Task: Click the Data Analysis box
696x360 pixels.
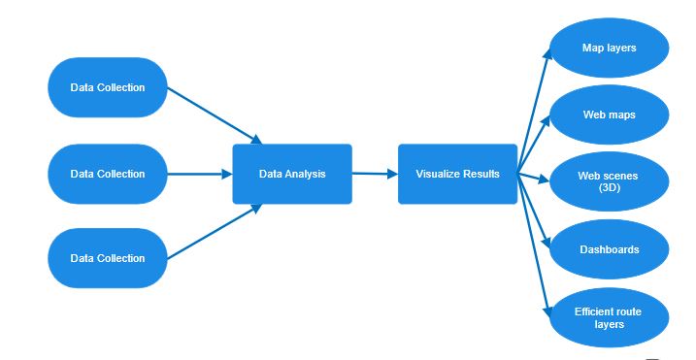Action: (x=291, y=175)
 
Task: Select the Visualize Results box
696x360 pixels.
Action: (x=457, y=175)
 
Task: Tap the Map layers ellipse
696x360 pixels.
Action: (x=609, y=48)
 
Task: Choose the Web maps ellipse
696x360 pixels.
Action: (x=609, y=115)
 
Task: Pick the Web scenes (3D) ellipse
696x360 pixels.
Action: (x=609, y=182)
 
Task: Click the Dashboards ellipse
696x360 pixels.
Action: (x=609, y=249)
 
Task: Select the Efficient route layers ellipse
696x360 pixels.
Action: (x=609, y=317)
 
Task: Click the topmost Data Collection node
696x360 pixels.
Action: (x=108, y=87)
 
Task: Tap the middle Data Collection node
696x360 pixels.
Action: (x=108, y=174)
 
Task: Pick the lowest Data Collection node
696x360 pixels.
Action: (x=108, y=258)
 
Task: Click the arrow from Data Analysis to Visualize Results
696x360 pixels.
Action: (x=375, y=175)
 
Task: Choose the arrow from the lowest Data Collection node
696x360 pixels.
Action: (x=214, y=231)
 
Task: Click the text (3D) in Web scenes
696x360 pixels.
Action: (x=609, y=188)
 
